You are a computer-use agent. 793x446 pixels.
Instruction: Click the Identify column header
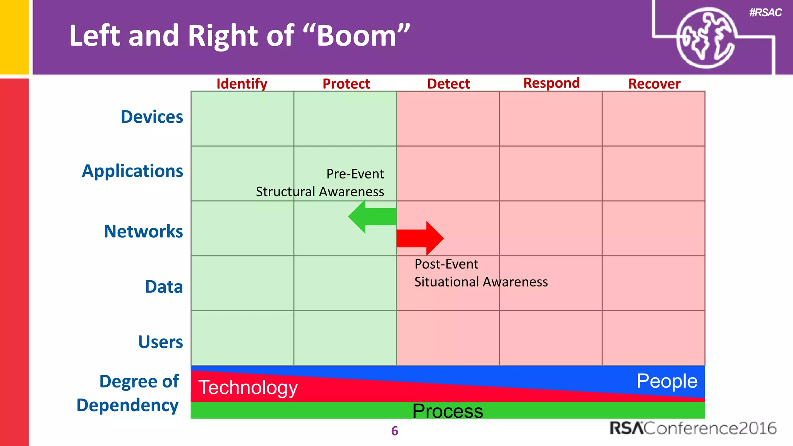coord(242,84)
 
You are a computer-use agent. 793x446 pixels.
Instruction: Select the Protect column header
coord(346,84)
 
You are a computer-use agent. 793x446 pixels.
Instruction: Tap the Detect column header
coord(448,84)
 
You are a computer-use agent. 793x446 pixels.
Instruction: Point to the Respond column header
coord(551,83)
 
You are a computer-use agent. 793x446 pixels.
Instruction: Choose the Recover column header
coord(654,84)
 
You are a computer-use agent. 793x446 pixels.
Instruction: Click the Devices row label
coord(152,117)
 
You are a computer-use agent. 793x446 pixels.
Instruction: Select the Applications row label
coord(132,171)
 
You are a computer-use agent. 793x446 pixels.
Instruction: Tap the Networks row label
coord(143,232)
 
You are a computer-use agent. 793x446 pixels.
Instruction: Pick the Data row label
coord(164,287)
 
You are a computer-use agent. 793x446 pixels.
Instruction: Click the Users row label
coord(160,342)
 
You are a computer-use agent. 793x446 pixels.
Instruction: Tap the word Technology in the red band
coord(248,387)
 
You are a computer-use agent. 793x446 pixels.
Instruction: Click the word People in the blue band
coord(667,381)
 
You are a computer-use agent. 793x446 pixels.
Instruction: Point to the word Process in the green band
coord(448,411)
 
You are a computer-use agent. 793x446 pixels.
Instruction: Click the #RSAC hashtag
coord(765,13)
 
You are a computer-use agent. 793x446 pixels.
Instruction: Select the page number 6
coord(395,431)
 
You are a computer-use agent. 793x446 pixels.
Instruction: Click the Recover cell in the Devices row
coord(654,119)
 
